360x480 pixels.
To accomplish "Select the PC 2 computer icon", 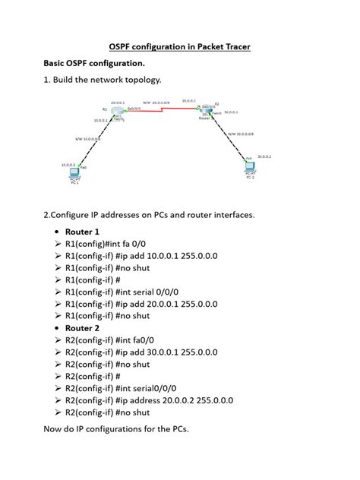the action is click(x=251, y=166).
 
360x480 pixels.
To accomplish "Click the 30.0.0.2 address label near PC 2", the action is click(x=264, y=156).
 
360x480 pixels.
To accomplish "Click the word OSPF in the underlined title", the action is click(x=123, y=47).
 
